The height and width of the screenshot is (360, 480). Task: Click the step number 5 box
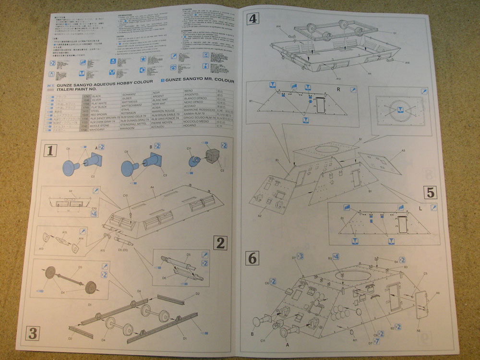coord(430,193)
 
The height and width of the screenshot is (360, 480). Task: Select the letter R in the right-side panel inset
coord(339,89)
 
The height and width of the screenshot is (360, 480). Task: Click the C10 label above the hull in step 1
coord(125,195)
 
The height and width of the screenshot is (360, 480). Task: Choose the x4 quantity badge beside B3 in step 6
coord(336,257)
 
